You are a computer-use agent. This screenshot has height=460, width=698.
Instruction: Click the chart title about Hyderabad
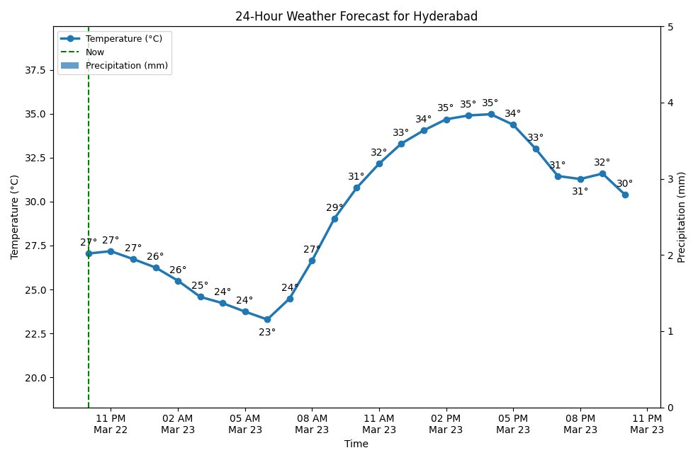tap(356, 17)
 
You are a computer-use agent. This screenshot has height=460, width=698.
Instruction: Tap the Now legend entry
tap(95, 52)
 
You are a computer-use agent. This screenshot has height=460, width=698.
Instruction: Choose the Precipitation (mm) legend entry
tap(127, 65)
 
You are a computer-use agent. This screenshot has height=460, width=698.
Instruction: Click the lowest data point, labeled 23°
tap(267, 319)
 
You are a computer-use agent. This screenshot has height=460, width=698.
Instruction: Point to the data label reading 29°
tap(334, 208)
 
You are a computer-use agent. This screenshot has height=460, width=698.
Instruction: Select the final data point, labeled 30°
tap(625, 195)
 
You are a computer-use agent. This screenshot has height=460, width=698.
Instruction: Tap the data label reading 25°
tap(200, 286)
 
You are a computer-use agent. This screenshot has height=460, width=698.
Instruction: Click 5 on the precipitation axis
tap(670, 27)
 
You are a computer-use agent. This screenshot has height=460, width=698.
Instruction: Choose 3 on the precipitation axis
tap(670, 179)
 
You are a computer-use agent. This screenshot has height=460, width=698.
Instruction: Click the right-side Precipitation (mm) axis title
tap(682, 217)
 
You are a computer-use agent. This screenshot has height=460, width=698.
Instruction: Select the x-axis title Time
tap(356, 444)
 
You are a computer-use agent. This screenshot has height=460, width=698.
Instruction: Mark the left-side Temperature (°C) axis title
tap(14, 217)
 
